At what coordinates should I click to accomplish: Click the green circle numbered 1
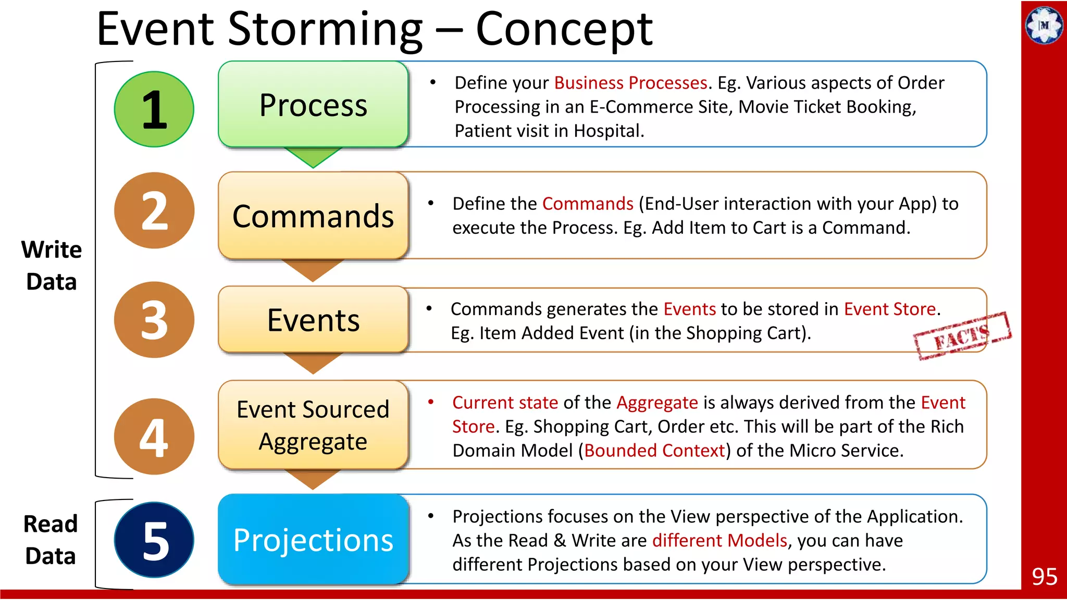click(154, 109)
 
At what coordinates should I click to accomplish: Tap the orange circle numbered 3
click(154, 320)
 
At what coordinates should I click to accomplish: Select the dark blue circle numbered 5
click(154, 540)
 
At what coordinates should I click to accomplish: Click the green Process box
click(313, 105)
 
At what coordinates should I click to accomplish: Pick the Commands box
click(313, 216)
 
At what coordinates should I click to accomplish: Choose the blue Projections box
click(313, 540)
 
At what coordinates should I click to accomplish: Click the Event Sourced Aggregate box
click(313, 425)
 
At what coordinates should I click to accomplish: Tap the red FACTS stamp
click(962, 336)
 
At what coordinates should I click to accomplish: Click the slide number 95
click(1044, 577)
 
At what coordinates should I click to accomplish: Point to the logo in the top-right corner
click(1044, 24)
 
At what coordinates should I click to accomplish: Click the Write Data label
click(52, 266)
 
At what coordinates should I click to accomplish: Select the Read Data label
click(51, 540)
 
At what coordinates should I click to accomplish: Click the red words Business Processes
click(630, 83)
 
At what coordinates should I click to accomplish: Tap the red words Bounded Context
click(654, 451)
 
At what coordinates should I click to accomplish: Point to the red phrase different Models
click(719, 541)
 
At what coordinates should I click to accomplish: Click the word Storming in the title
click(325, 30)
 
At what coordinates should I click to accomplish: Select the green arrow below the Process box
click(313, 156)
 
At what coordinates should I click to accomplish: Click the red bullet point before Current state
click(431, 402)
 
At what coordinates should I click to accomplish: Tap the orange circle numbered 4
click(154, 436)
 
